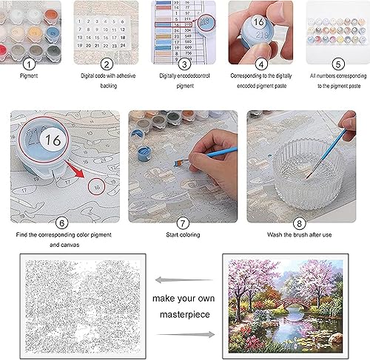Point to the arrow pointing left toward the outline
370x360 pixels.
(179, 278)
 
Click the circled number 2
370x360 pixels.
(107, 64)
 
